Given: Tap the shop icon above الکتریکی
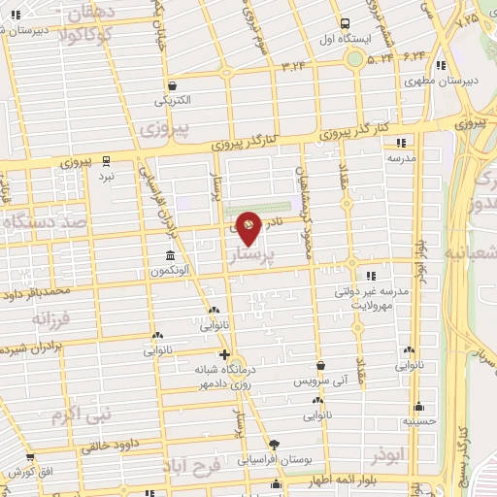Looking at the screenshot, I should coord(172,84).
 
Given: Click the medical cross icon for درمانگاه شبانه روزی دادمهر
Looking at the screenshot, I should coord(225,354).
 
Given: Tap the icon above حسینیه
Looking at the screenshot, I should coord(419,407).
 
